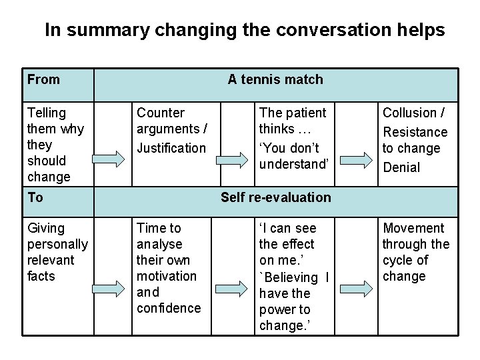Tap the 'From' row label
pyautogui.click(x=43, y=80)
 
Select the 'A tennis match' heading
pyautogui.click(x=275, y=80)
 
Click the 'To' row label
pyautogui.click(x=35, y=197)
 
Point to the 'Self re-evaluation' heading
pyautogui.click(x=275, y=197)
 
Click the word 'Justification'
pyautogui.click(x=171, y=148)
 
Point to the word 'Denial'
pyautogui.click(x=401, y=167)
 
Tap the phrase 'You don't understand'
pyautogui.click(x=294, y=156)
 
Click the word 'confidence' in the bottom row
pyautogui.click(x=169, y=308)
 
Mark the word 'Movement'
pyautogui.click(x=413, y=229)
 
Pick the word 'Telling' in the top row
pyautogui.click(x=47, y=113)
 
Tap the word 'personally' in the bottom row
pyautogui.click(x=57, y=245)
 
